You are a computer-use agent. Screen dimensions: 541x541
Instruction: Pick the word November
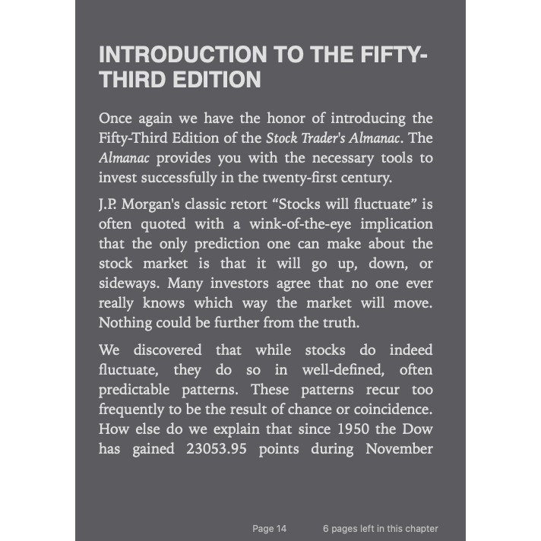click(400, 449)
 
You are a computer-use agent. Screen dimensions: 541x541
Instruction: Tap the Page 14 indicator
click(269, 529)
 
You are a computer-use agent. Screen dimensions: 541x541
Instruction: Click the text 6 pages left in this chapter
click(380, 529)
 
